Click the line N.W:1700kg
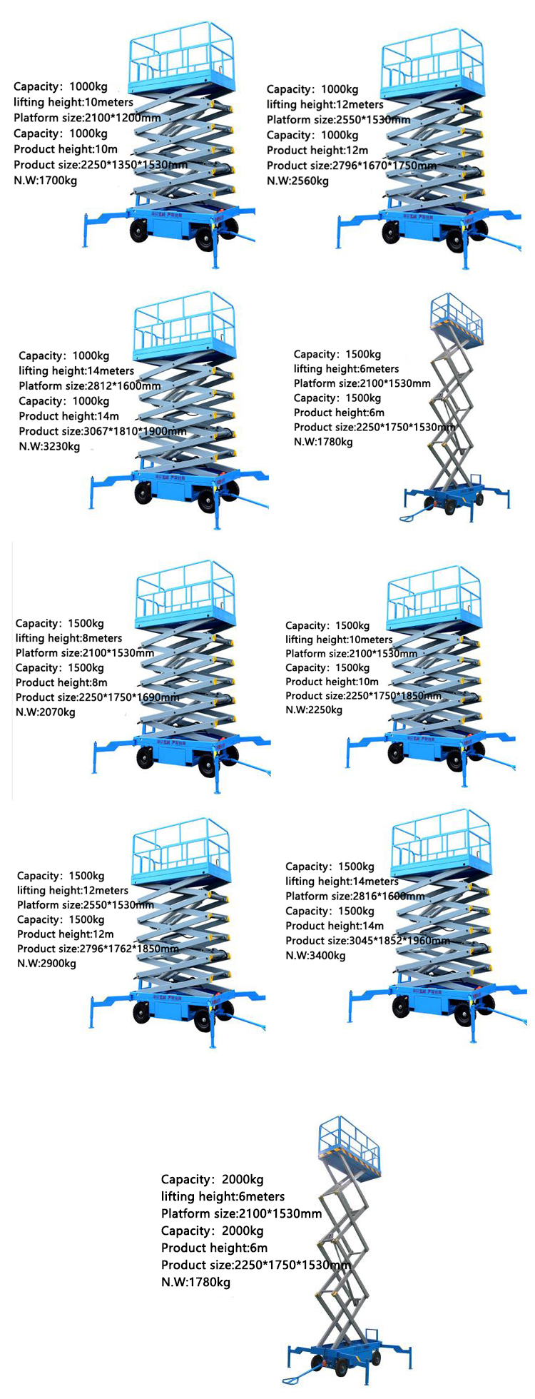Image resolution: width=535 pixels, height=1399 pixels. [x=46, y=181]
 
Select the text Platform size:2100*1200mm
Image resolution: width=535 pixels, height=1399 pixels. [x=87, y=118]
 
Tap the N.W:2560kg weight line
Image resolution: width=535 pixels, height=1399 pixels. [x=297, y=181]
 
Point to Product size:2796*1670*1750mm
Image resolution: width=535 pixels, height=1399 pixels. [x=351, y=166]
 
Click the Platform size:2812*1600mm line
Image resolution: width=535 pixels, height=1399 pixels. [x=90, y=386]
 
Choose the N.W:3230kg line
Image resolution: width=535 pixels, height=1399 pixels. [x=49, y=447]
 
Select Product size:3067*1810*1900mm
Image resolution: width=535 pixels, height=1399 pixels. [x=103, y=431]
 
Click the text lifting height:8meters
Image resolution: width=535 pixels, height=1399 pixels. [x=68, y=638]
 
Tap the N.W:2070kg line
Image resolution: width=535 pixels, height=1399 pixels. [x=45, y=712]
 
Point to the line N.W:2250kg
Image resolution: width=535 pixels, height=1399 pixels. [x=314, y=710]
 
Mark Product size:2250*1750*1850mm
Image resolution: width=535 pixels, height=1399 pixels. [x=363, y=696]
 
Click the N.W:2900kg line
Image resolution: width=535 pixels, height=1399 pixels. [x=46, y=964]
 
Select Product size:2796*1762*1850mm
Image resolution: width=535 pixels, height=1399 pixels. [x=98, y=949]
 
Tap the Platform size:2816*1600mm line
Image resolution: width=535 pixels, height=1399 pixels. [x=355, y=897]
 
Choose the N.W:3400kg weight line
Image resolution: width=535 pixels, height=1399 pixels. [x=315, y=956]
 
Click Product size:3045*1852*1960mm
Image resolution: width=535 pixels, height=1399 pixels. [x=367, y=941]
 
